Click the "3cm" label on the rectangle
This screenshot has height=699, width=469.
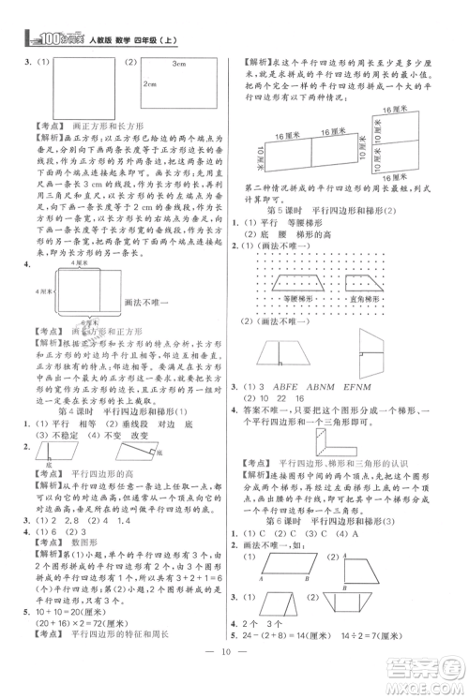pos(181,63)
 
